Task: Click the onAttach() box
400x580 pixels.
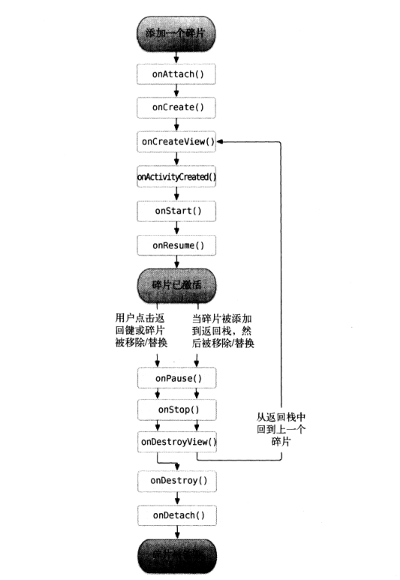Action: pyautogui.click(x=177, y=75)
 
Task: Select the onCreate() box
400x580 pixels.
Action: pyautogui.click(x=177, y=108)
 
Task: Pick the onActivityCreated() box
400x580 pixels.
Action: pyautogui.click(x=177, y=176)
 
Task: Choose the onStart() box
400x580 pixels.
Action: pyautogui.click(x=177, y=211)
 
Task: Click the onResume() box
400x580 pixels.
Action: pyautogui.click(x=177, y=245)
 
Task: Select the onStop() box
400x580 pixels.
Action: pyautogui.click(x=177, y=410)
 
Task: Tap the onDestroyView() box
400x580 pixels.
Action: pyautogui.click(x=177, y=442)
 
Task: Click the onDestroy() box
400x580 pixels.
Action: pyautogui.click(x=177, y=479)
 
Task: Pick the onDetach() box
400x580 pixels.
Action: pyautogui.click(x=177, y=515)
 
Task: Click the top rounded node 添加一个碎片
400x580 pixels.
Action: pyautogui.click(x=177, y=35)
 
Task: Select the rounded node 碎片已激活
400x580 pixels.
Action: pyautogui.click(x=177, y=284)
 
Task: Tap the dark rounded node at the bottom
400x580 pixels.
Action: pyautogui.click(x=177, y=555)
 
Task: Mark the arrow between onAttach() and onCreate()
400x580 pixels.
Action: pyautogui.click(x=177, y=92)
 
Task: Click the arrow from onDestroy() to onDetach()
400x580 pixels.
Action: pyautogui.click(x=177, y=497)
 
